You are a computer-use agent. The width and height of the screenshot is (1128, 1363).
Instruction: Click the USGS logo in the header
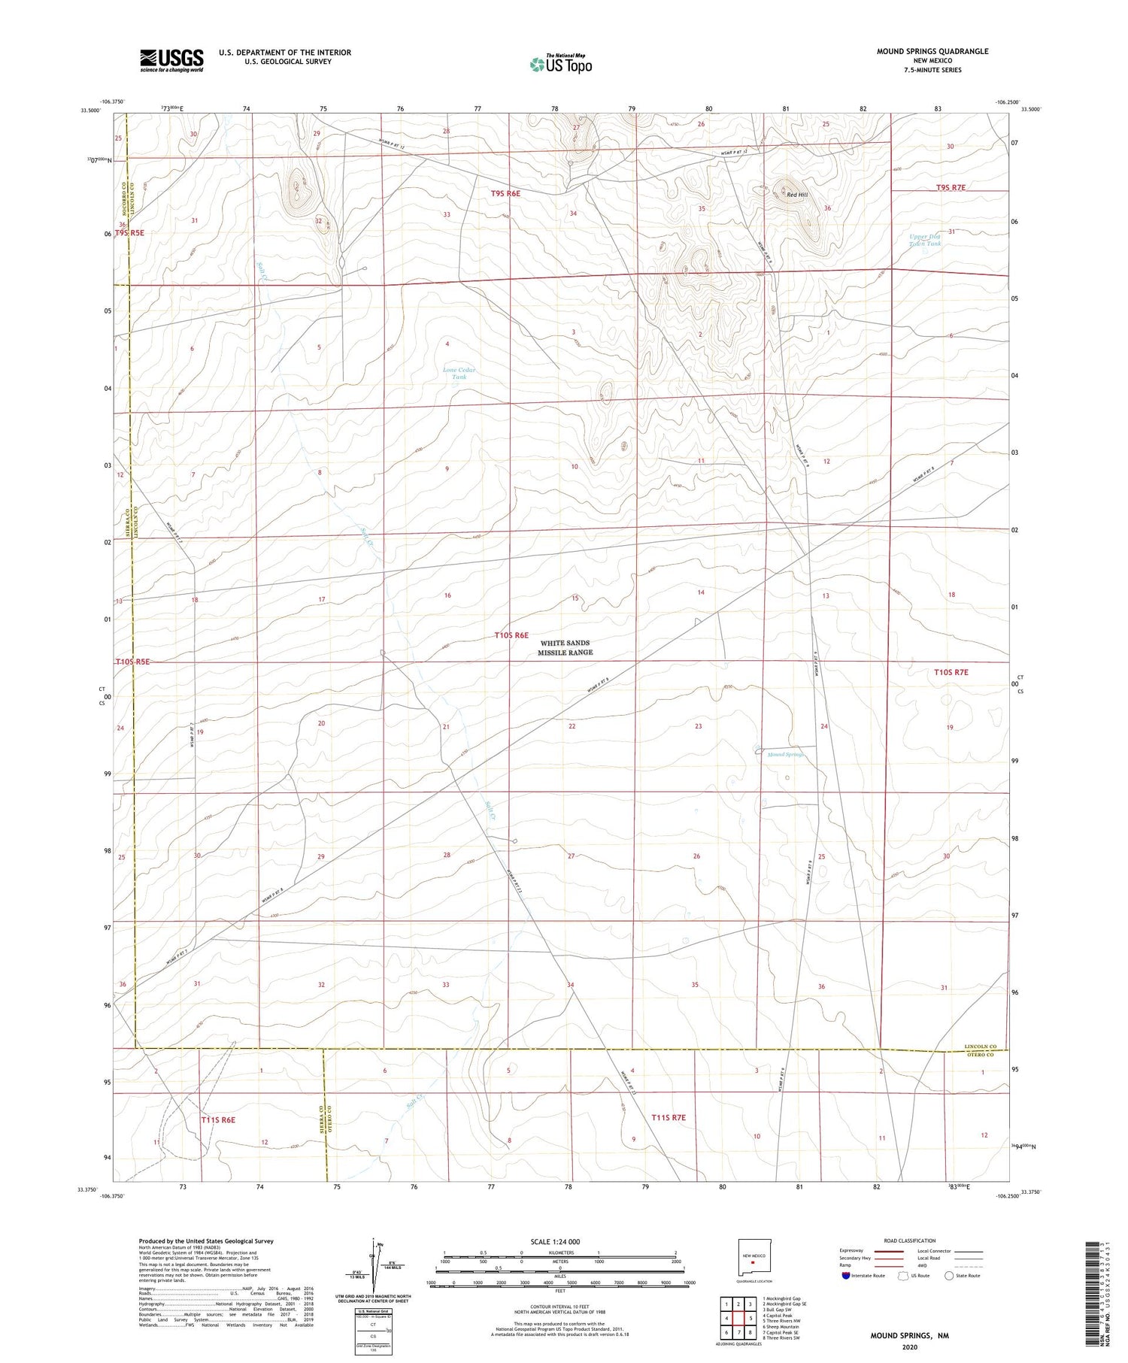tap(171, 60)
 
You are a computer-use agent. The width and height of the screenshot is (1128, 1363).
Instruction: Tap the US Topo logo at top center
tap(560, 65)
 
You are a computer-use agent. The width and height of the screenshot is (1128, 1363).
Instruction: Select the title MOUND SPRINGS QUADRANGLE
tap(932, 52)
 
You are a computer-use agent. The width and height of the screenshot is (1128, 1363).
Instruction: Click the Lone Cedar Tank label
tap(459, 373)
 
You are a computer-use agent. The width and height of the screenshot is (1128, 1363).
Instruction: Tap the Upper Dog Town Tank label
tap(924, 240)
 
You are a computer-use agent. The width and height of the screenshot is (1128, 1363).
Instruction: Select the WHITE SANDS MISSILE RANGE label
tap(565, 648)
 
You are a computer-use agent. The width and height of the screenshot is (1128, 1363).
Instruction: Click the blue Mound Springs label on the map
tap(786, 754)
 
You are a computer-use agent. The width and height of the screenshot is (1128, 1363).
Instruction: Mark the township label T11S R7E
tap(669, 1118)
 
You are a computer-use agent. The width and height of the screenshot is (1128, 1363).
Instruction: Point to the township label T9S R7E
tap(951, 188)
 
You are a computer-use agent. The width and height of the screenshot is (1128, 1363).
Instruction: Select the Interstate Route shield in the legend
tap(847, 1276)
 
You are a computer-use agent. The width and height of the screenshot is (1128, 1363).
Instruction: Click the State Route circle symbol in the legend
tap(949, 1276)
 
